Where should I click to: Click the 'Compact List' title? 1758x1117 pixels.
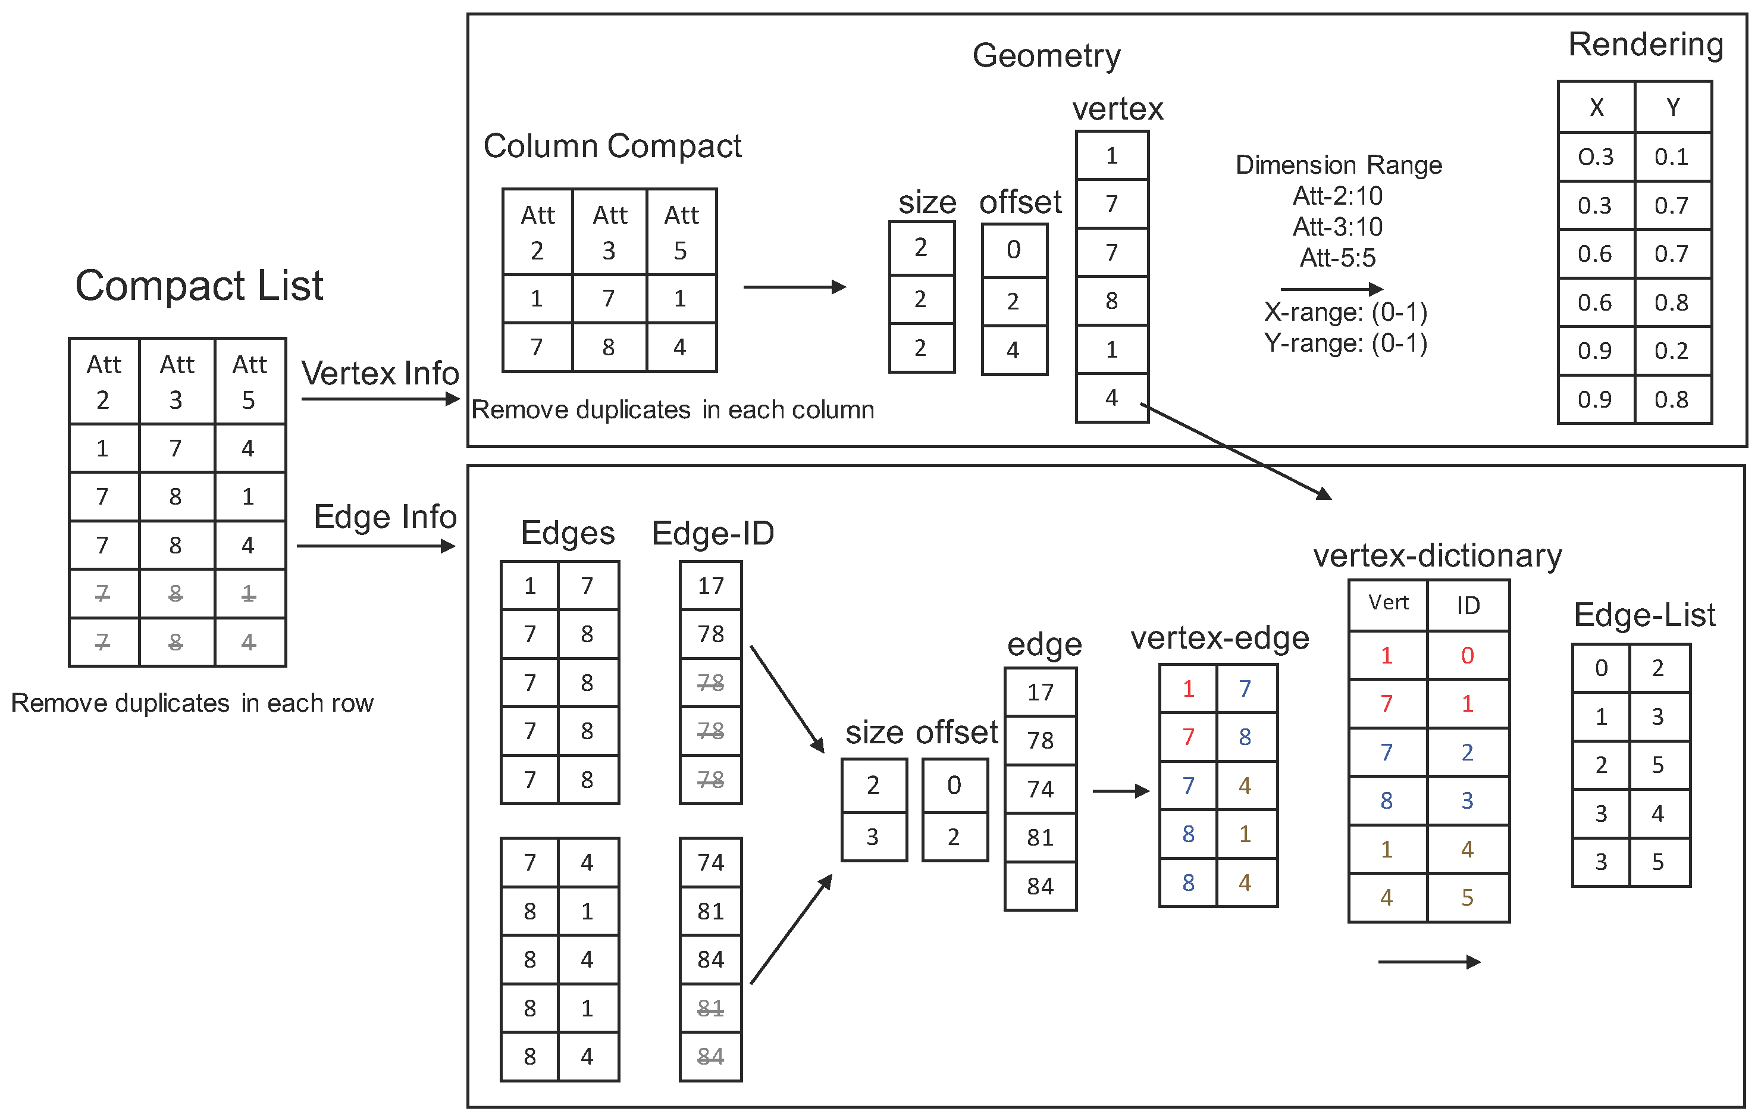click(x=199, y=286)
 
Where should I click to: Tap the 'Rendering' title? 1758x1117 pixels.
click(x=1645, y=45)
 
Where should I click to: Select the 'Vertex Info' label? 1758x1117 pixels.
click(x=380, y=374)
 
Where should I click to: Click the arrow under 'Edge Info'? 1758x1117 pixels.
click(x=376, y=546)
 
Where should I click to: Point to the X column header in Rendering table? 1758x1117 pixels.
click(x=1596, y=108)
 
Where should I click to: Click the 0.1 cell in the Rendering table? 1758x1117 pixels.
click(x=1671, y=157)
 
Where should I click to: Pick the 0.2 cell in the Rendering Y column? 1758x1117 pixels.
click(x=1671, y=351)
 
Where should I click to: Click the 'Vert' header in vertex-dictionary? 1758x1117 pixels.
click(x=1388, y=603)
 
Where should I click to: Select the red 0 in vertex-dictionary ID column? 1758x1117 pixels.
click(x=1468, y=656)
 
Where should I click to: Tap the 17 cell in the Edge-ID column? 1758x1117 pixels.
click(x=710, y=586)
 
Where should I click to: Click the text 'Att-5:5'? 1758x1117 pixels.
click(x=1337, y=258)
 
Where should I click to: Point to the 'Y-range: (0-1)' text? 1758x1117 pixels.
click(x=1346, y=343)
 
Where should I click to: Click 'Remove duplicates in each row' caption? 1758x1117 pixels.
click(x=192, y=703)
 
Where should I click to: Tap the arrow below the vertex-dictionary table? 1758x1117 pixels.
click(x=1429, y=962)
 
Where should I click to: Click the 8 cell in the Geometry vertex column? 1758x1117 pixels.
click(x=1111, y=301)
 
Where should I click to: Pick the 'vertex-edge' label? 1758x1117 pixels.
click(x=1219, y=639)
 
